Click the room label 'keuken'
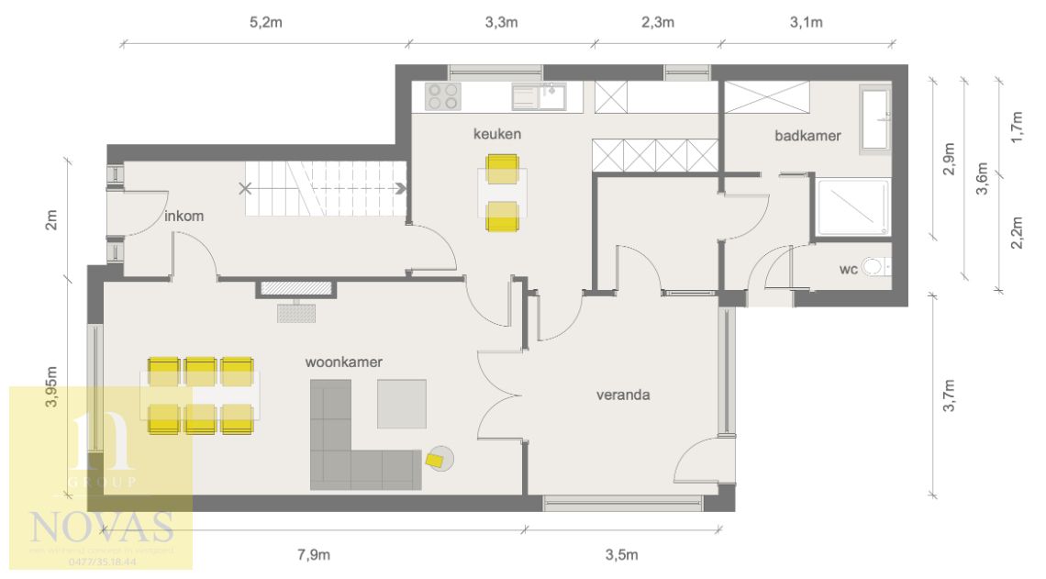tap(496, 134)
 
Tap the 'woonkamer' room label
tap(343, 362)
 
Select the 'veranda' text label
tap(623, 395)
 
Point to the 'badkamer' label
tap(807, 136)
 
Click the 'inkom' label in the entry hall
tap(184, 217)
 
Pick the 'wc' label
tap(848, 270)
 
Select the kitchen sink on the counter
tap(539, 97)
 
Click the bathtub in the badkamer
tap(874, 118)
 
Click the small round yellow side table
tap(439, 459)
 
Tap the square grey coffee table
tap(401, 404)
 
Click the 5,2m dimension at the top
tap(266, 22)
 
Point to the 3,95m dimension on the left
tap(51, 390)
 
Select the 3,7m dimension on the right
tap(950, 397)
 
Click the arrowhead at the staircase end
tap(402, 190)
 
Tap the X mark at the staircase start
tap(244, 190)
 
